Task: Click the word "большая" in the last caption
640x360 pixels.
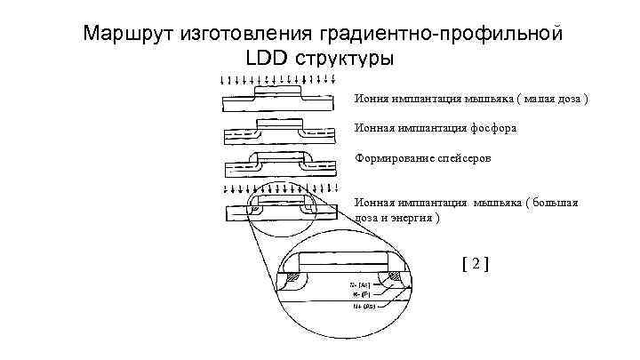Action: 556,203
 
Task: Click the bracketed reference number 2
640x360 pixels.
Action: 476,263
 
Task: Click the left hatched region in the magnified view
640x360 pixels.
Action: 292,280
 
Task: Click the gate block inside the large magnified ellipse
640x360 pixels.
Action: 343,260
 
